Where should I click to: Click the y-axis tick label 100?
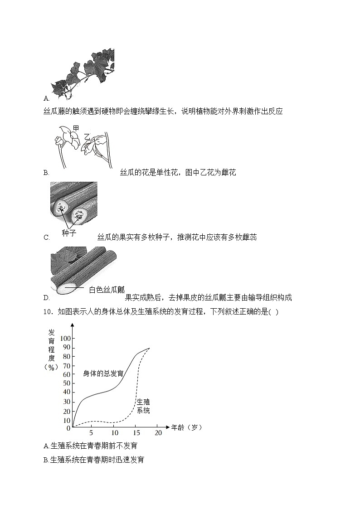[x=66, y=339]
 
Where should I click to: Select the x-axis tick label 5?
[x=91, y=433]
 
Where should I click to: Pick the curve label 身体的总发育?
[x=103, y=373]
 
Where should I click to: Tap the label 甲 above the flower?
[x=76, y=130]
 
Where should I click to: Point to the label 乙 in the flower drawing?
[x=87, y=136]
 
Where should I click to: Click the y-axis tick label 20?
[x=67, y=411]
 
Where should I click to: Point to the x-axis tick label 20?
[x=158, y=433]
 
